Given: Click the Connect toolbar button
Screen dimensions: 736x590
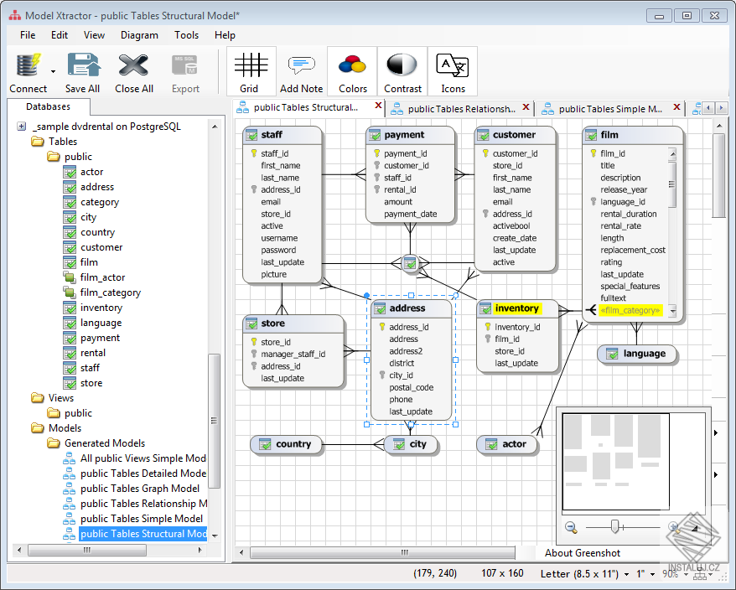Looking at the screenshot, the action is (x=28, y=73).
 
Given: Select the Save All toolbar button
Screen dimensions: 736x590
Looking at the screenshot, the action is (x=83, y=73).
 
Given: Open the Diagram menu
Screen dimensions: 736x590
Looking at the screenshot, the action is (x=139, y=35).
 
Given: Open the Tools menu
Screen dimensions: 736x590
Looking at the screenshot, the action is (x=186, y=35).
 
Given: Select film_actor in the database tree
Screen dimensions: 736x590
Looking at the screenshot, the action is (x=102, y=277).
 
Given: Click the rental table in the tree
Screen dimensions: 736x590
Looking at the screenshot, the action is (x=92, y=353).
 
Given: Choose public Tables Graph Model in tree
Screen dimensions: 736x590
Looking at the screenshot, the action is (x=139, y=489).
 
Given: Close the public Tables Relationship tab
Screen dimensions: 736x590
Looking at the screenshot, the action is (x=526, y=107).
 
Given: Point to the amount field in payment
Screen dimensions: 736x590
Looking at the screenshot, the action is (x=398, y=202).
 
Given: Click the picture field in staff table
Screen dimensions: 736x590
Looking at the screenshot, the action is (x=273, y=274).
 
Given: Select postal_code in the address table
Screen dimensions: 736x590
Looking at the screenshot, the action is (x=412, y=387).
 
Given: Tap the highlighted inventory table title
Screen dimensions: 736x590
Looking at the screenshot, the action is (x=517, y=308).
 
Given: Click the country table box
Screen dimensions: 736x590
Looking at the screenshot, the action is (x=286, y=444).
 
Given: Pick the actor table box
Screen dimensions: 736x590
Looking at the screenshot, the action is (x=506, y=444).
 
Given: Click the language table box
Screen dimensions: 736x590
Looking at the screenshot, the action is (x=637, y=354).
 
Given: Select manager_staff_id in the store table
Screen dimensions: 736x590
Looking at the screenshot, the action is (x=293, y=354).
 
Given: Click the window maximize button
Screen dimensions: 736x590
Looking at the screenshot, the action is (x=687, y=15).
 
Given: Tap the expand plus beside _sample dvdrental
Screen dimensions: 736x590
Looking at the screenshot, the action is (x=22, y=127).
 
